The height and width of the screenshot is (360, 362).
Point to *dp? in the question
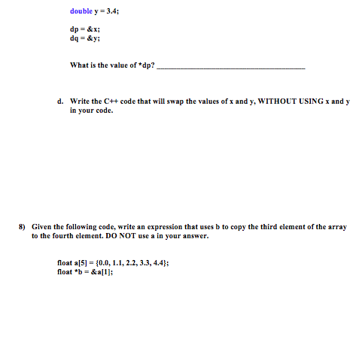click(x=148, y=65)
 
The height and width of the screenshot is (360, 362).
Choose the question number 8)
click(x=23, y=226)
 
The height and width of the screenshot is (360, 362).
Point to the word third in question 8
click(x=275, y=226)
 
